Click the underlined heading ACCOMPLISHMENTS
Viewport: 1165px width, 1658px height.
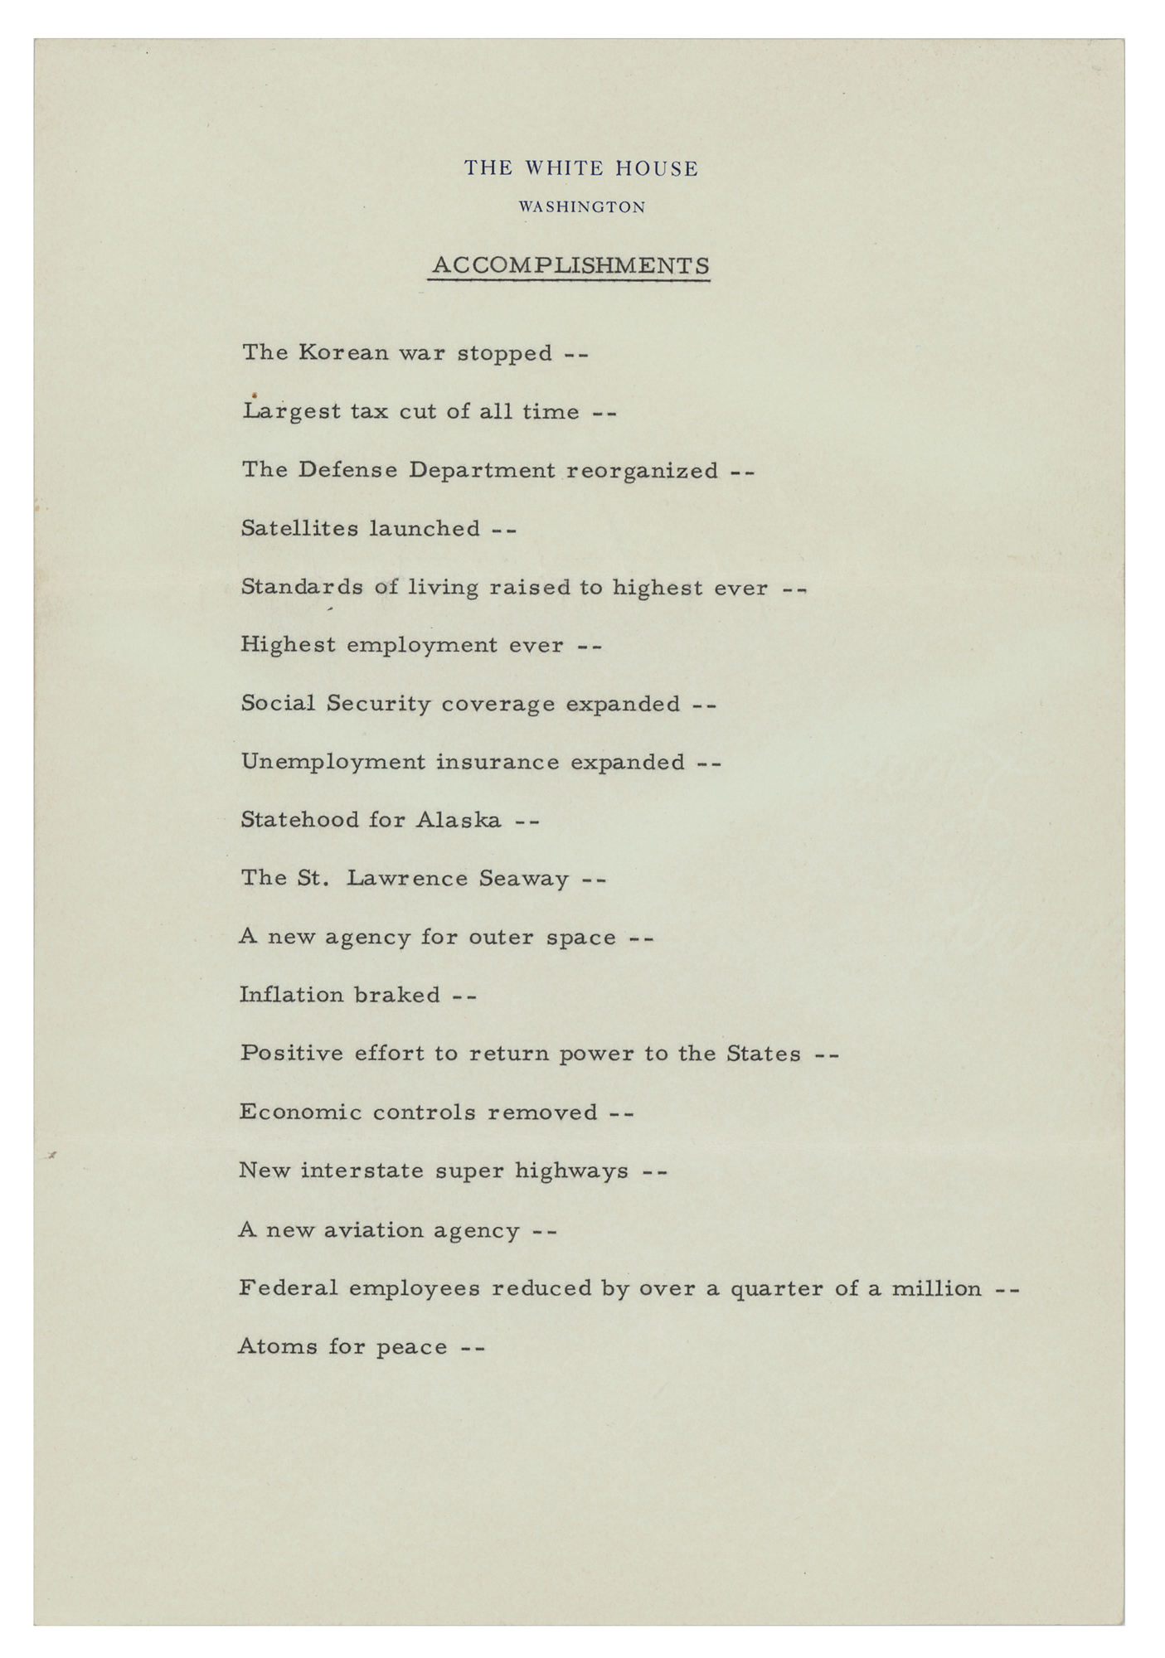point(570,266)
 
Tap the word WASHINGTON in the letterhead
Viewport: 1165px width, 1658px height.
point(581,207)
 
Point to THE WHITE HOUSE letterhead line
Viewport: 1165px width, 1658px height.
point(581,169)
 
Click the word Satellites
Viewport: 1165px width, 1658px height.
point(300,528)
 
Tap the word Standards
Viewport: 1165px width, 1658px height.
point(302,587)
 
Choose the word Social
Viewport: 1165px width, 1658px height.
point(278,703)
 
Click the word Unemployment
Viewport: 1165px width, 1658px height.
point(333,763)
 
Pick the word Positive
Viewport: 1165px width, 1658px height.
point(291,1053)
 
